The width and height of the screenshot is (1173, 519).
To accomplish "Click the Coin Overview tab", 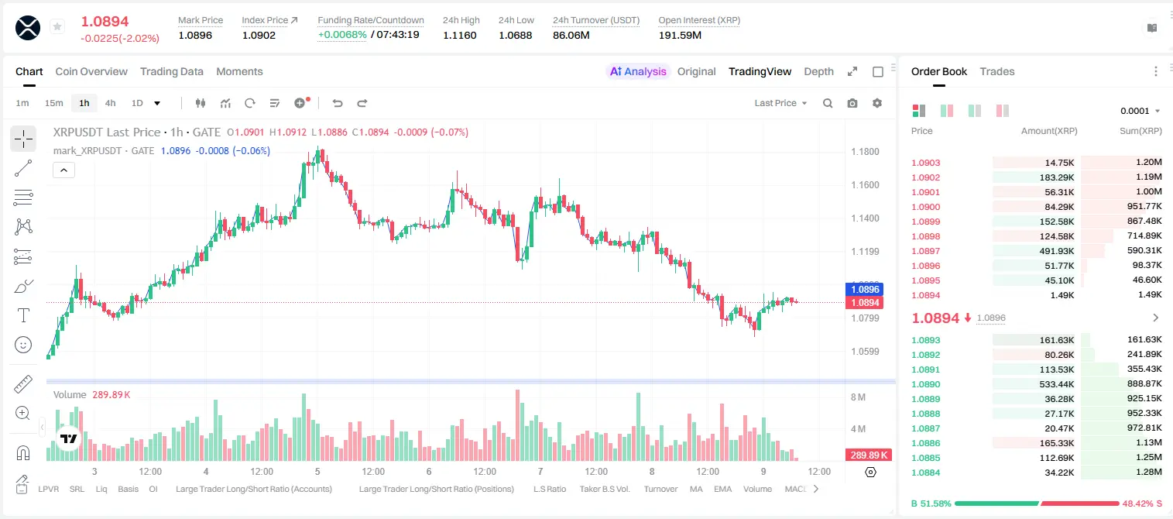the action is point(91,71).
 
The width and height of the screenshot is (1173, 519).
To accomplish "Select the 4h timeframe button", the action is point(110,103).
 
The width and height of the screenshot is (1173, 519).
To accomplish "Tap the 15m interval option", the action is point(53,103).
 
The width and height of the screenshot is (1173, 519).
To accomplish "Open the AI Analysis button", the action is point(638,71).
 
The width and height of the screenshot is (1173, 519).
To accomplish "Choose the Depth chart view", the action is point(818,71).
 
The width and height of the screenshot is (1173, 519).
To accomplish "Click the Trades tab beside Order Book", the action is point(997,71).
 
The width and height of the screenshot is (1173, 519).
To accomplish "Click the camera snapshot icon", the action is point(852,103).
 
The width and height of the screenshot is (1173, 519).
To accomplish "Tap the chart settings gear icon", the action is point(877,103).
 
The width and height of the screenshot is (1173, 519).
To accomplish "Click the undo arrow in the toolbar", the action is point(338,103).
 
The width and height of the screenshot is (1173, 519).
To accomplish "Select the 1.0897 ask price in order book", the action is point(925,251).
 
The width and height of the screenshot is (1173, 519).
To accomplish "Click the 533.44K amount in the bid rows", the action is point(1057,384).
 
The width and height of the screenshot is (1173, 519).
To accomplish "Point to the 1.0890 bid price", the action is point(925,384).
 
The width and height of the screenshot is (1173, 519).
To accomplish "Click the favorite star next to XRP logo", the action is point(57,26).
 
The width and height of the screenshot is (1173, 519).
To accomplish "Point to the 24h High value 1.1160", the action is point(460,35).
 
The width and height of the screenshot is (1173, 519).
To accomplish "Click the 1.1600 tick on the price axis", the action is point(865,185).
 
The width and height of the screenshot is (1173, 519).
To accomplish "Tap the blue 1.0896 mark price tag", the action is point(865,289).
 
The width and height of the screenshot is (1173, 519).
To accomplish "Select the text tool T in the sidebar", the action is point(23,315).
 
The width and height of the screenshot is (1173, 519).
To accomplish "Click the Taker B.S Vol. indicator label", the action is point(604,489).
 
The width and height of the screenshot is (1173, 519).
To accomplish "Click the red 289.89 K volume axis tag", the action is point(868,455).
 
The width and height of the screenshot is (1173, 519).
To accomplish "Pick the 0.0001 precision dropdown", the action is point(1140,111).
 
